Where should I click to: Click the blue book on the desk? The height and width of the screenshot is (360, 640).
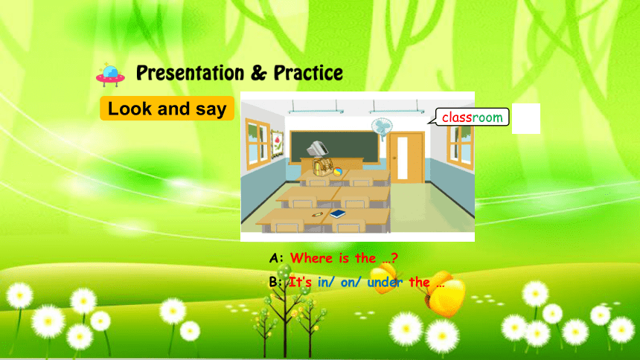pos(338,213)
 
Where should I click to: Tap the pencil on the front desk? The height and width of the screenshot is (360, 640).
pos(317,214)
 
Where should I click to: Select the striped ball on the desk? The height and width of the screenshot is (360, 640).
pos(338,172)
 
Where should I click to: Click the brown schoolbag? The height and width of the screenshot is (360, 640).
pos(322,167)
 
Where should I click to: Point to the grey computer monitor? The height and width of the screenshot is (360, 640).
pos(317,148)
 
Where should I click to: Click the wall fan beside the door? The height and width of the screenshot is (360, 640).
pos(382,127)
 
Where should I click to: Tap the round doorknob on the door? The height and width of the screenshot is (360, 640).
pos(394,158)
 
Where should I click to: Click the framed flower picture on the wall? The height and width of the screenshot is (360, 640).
pos(277,144)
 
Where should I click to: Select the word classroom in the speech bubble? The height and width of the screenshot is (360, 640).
pos(473,118)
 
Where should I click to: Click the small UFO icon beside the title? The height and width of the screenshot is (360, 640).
pos(110,74)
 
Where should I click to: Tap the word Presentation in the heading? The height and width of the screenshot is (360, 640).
pos(190,73)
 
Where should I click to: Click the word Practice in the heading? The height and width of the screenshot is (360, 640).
pos(308,73)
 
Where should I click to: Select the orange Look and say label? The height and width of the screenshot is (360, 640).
pos(167,109)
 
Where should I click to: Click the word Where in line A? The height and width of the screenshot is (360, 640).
pos(313,258)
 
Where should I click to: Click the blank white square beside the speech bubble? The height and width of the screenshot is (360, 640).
pos(526,118)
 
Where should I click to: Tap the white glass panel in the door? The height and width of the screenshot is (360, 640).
pos(403,158)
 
